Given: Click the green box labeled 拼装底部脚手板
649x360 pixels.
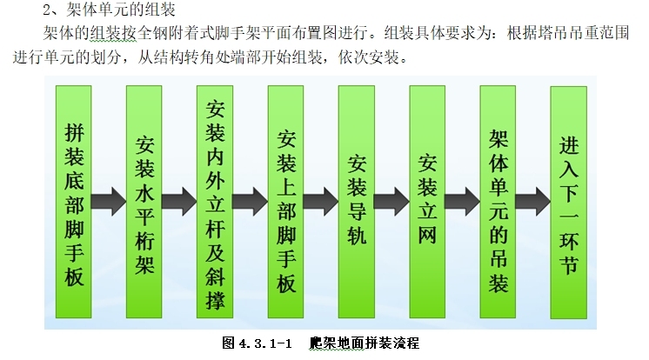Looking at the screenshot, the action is coord(74,202).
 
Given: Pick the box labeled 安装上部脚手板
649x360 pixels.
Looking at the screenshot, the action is coord(286,202).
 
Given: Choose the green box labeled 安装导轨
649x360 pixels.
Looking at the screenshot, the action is coord(358,202).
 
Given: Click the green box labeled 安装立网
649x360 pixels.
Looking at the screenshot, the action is coord(427,202).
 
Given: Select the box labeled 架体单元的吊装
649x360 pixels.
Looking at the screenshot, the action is coord(498,202).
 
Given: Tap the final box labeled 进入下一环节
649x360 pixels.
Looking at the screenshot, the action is coord(569,202).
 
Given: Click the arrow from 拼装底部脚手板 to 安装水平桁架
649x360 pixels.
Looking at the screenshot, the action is coord(109,202).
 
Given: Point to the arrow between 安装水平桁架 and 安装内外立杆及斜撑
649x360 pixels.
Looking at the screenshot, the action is coord(180,202).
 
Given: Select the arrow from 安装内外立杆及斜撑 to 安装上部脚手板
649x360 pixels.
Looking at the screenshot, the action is coord(251,202).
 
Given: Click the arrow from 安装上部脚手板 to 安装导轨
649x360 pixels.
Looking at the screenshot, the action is coord(321,202).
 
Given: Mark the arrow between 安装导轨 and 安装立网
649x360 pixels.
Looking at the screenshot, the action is coord(391,202).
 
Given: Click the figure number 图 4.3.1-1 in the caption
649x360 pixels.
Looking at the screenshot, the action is coord(260,343).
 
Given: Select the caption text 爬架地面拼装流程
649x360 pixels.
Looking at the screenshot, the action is coord(370,343).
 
